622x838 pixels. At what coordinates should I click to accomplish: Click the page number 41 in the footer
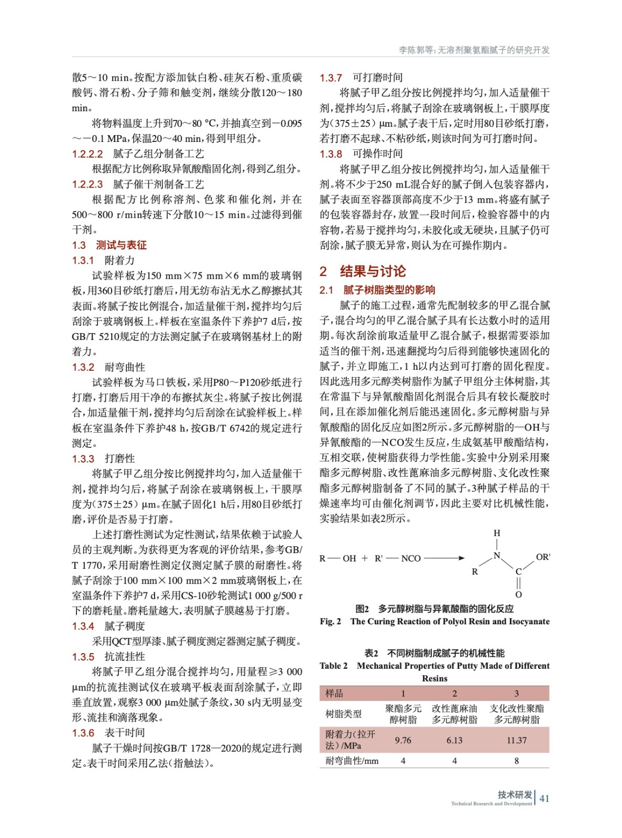pos(544,798)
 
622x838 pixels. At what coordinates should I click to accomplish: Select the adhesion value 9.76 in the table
pos(403,740)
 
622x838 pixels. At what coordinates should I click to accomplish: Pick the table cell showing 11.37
pos(516,740)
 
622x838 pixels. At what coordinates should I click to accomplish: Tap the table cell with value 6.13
pos(454,740)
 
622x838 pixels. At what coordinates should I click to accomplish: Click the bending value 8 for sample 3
pos(516,760)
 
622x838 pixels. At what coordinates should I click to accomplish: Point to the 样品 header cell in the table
pos(334,693)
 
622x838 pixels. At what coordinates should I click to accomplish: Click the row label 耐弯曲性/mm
pos(352,760)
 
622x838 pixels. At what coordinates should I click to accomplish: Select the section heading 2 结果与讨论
pos(363,271)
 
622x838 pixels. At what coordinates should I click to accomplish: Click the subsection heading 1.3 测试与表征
pos(109,245)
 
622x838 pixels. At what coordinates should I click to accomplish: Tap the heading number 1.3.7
pos(331,78)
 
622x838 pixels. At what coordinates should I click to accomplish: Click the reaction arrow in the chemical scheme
pos(444,558)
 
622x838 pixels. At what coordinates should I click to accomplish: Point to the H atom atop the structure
pos(497,533)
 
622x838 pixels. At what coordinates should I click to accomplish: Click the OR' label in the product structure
pos(543,557)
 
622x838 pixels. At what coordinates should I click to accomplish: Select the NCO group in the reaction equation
pos(411,558)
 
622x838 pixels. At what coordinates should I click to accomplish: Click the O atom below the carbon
pos(518,594)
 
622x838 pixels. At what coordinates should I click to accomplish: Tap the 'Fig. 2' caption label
pos(331,622)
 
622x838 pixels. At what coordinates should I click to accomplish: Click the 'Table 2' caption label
pos(334,666)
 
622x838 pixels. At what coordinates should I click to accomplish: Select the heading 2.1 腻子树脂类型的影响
pos(377,290)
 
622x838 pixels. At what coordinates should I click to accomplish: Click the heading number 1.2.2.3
pos(88,184)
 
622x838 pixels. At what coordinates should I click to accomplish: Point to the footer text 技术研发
pos(515,795)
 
